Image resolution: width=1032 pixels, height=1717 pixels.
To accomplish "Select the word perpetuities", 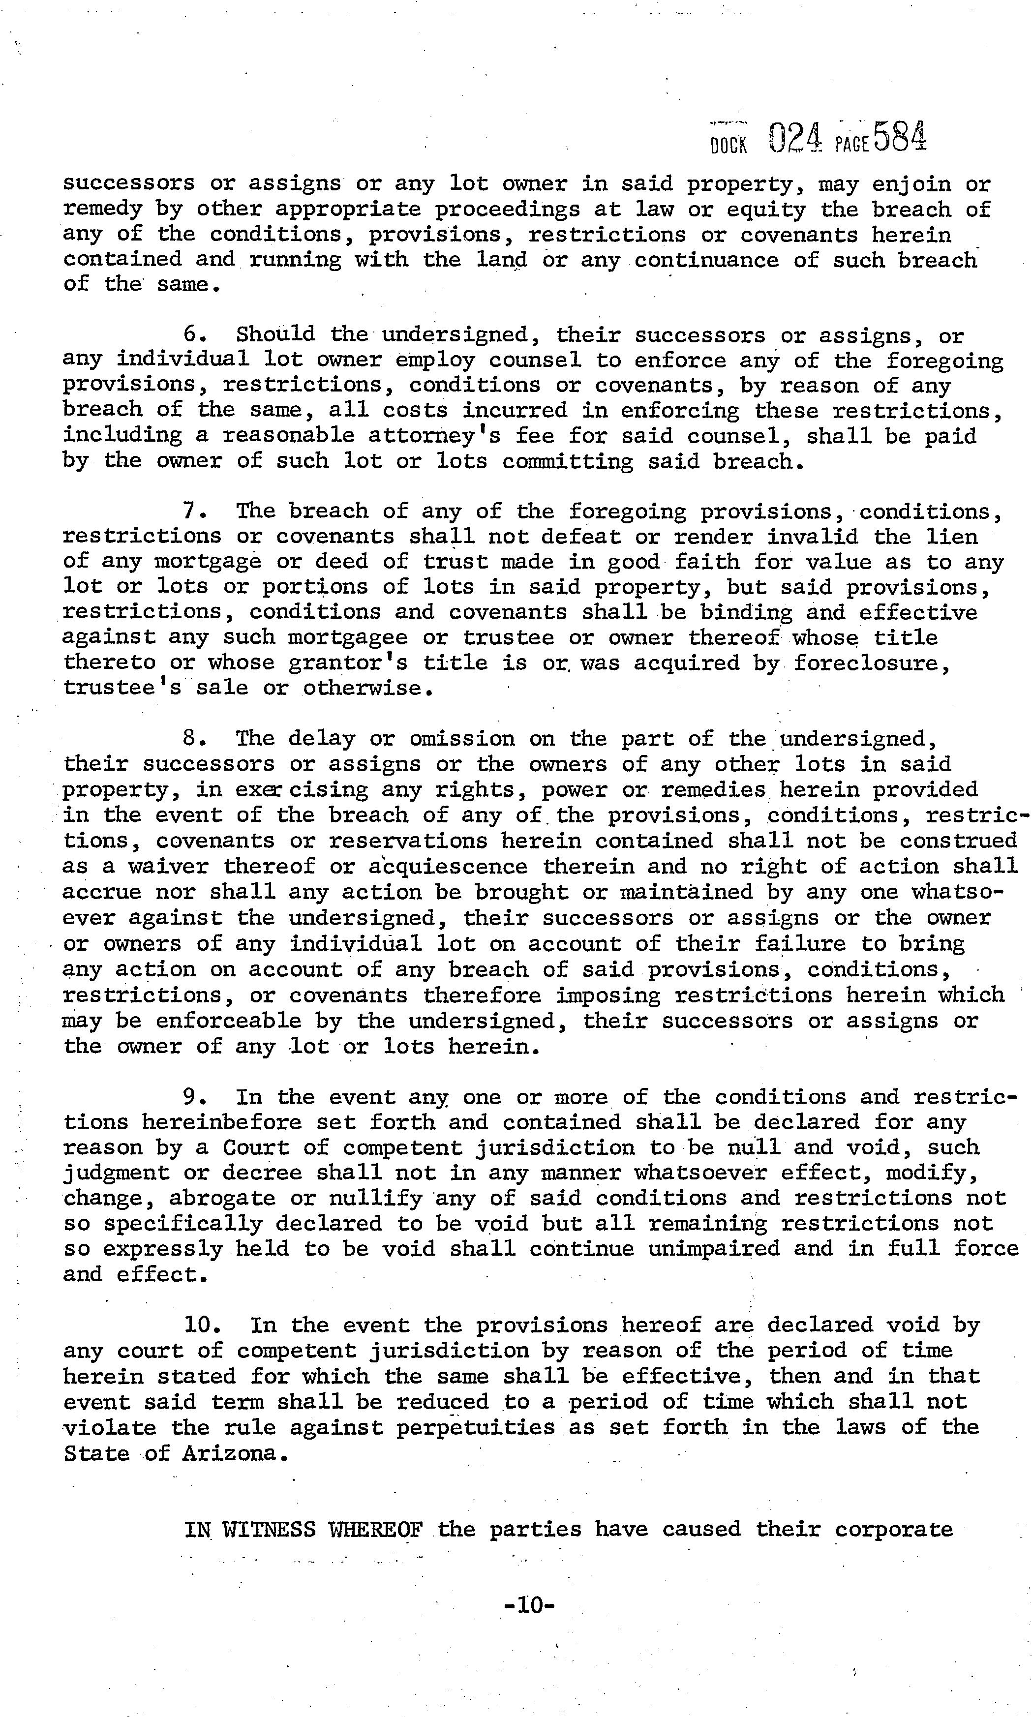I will [x=476, y=1428].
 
